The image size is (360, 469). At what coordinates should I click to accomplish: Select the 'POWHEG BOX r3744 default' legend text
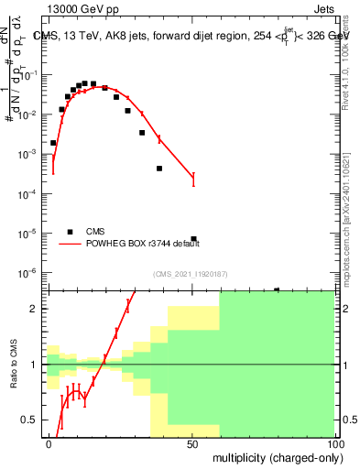coord(136,244)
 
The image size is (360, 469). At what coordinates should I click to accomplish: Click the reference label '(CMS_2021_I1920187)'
coord(191,273)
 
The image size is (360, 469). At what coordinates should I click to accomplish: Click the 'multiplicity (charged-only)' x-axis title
coord(272,455)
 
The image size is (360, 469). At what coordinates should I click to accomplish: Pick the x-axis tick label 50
coord(191,442)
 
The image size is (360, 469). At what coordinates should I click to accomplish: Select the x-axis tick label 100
coord(333,442)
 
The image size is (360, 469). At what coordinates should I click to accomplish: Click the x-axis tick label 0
coord(49,442)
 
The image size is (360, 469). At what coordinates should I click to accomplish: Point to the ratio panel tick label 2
coord(36,309)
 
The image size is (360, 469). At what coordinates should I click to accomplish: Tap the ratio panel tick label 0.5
coord(31,420)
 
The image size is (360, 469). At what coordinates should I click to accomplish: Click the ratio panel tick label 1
coord(36,365)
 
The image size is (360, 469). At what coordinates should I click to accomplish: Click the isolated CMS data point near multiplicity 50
coord(193,239)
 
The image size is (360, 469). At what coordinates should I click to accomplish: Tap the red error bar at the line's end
coord(193,180)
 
